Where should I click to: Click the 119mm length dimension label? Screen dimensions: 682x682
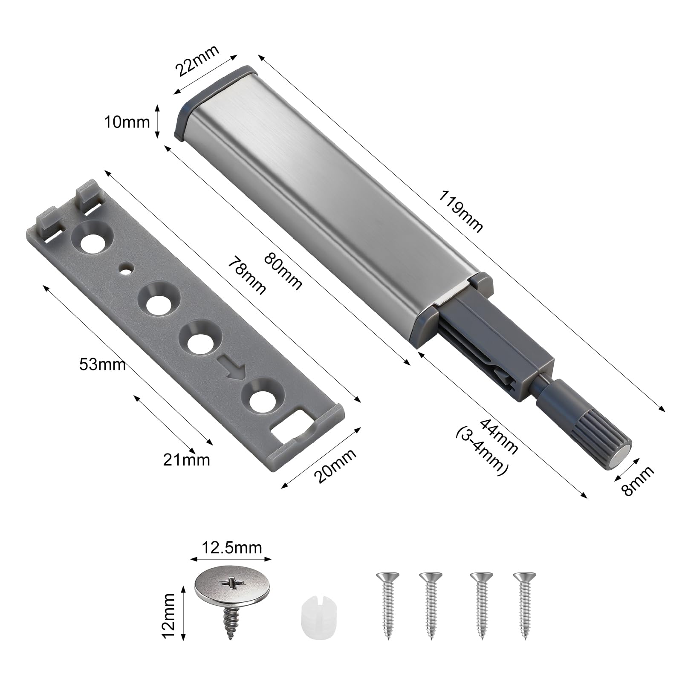point(461,211)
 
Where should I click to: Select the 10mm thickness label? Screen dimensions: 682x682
point(127,122)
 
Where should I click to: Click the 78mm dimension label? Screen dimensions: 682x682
point(247,275)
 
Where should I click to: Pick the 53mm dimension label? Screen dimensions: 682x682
point(102,364)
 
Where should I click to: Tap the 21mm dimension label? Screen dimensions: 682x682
point(187,459)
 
